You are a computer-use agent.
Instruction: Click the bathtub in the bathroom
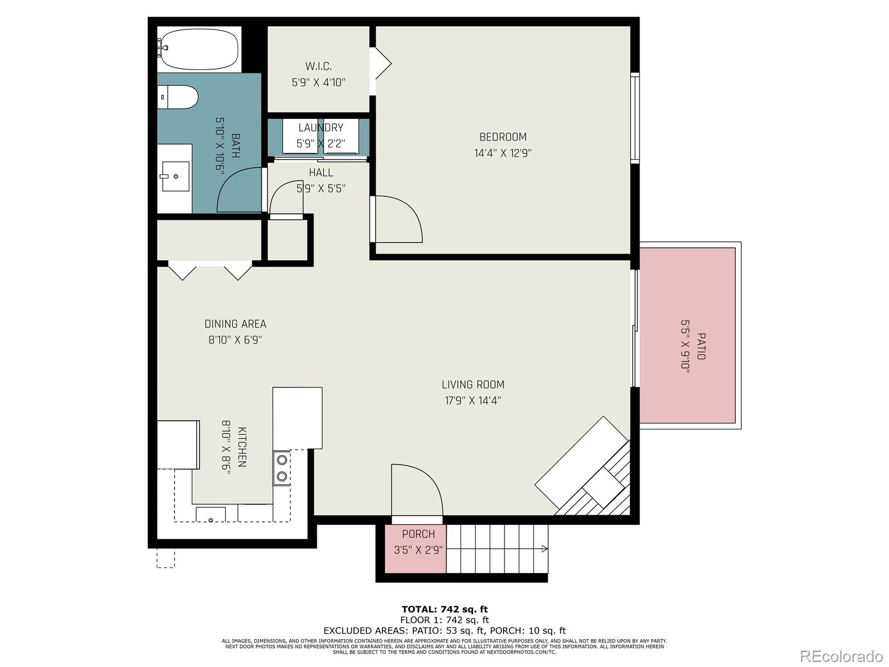199,49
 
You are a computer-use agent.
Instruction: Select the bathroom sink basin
175,176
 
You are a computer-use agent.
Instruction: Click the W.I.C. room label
318,67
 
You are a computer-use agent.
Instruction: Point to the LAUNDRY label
321,128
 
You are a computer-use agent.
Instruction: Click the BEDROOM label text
503,137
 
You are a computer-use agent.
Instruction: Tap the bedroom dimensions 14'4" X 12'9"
503,153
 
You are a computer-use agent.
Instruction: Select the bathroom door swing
236,189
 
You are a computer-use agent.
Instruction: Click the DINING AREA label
235,324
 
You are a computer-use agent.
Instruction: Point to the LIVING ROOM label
473,385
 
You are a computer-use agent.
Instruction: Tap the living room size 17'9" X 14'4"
473,400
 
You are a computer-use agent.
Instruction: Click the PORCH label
418,534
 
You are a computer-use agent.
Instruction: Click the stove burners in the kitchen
282,468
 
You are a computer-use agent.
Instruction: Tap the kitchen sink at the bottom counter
211,515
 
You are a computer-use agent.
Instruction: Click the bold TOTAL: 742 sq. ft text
444,609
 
